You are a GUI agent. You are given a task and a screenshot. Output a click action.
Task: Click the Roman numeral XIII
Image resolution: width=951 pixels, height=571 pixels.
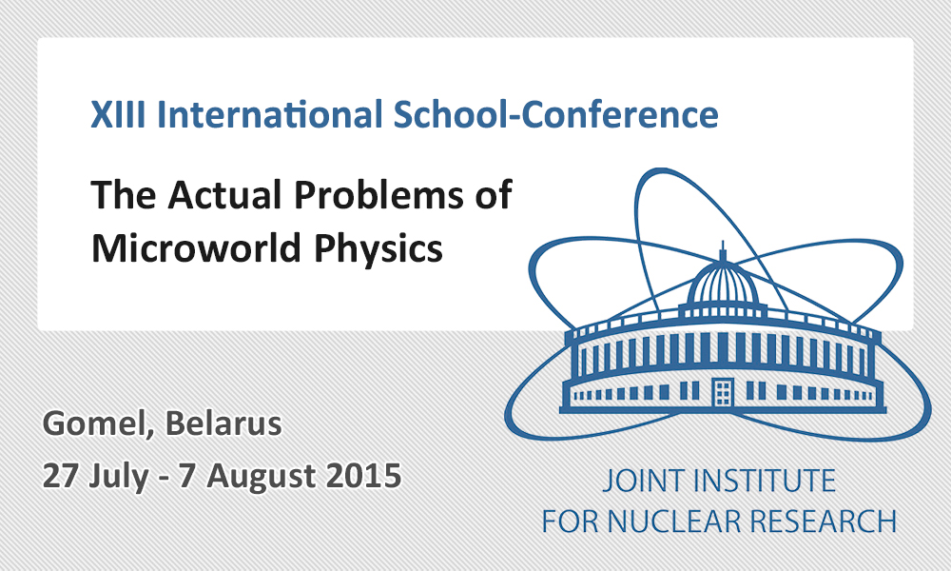(118, 114)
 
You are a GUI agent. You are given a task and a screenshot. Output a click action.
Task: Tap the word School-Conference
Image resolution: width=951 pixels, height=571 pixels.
(556, 114)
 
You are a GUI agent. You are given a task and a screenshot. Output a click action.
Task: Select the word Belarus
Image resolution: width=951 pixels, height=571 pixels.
(223, 423)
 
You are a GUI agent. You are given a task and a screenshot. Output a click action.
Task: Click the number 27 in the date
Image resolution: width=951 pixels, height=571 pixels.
(61, 476)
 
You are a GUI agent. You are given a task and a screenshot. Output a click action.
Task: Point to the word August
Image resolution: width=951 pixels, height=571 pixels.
(261, 477)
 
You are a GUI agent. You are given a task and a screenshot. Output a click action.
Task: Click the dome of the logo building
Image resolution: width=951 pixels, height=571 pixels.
(723, 284)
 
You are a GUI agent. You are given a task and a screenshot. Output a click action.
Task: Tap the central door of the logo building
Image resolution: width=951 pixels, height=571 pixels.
(723, 391)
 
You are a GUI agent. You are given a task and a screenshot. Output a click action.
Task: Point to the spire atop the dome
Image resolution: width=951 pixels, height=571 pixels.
(723, 251)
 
